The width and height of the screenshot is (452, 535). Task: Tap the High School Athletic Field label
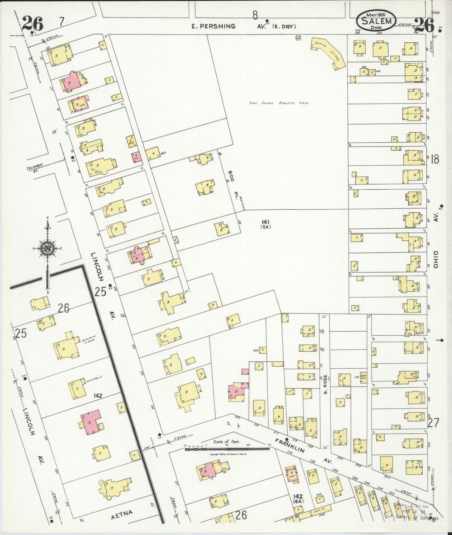click(x=279, y=103)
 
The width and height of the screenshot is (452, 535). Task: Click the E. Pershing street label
click(x=214, y=26)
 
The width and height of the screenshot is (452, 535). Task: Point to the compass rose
click(x=48, y=249)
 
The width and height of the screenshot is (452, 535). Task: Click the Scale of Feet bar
click(x=227, y=449)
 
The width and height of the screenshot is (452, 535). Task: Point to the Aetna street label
click(x=122, y=513)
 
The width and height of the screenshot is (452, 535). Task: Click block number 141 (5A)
click(x=266, y=224)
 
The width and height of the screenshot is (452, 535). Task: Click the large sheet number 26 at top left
click(x=33, y=24)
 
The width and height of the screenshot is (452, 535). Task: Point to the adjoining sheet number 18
click(x=434, y=160)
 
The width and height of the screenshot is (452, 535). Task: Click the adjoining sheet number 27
click(x=433, y=423)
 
